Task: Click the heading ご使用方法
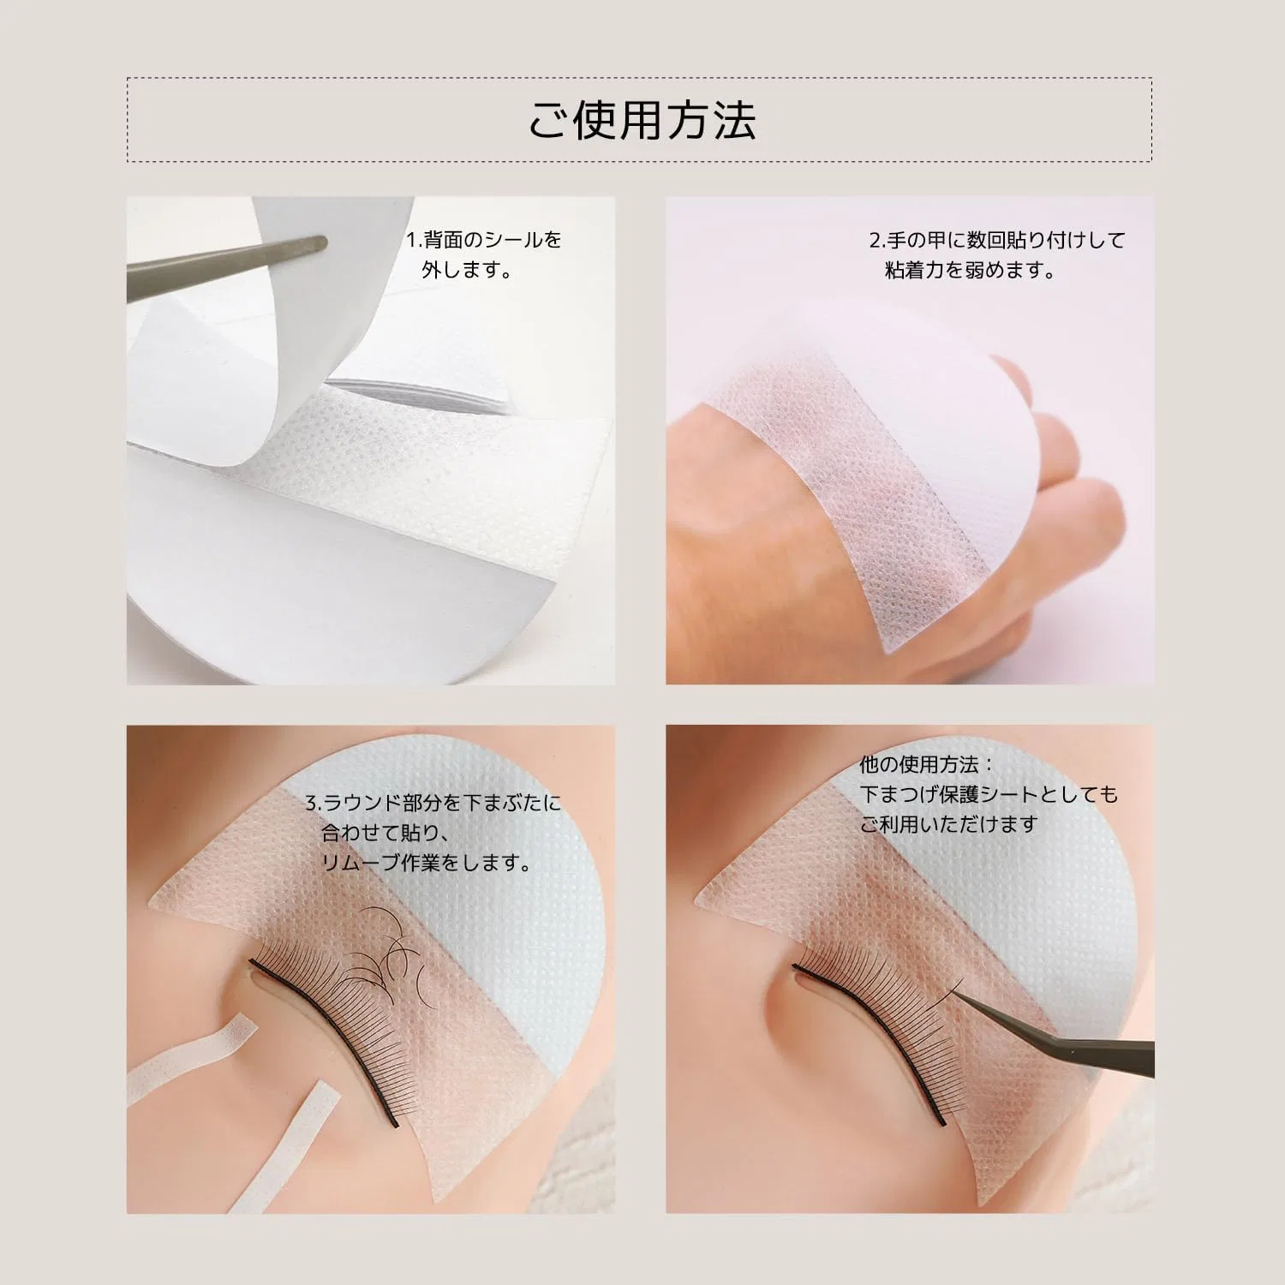tap(641, 119)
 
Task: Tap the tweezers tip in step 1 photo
tap(323, 243)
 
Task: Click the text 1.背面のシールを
tap(484, 240)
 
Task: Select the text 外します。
tap(468, 271)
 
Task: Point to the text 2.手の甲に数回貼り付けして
tap(997, 241)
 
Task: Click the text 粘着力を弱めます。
tap(971, 271)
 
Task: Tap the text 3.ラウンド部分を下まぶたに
tap(433, 803)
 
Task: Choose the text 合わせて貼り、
tap(385, 833)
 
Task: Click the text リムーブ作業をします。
tap(426, 863)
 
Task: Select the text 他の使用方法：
tap(928, 764)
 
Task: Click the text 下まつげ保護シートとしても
tap(989, 794)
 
